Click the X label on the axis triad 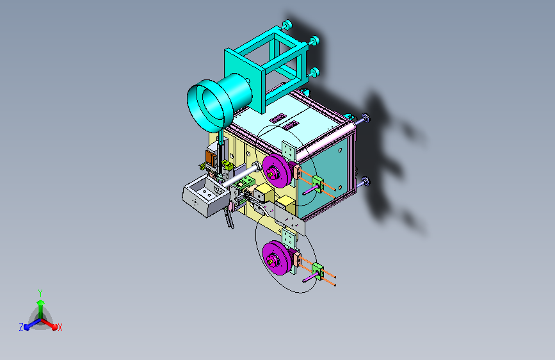60,328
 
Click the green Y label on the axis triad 40,293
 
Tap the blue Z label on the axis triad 21,327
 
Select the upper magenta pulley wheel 277,171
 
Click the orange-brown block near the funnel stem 211,158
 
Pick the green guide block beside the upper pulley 318,184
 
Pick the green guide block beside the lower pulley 318,272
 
